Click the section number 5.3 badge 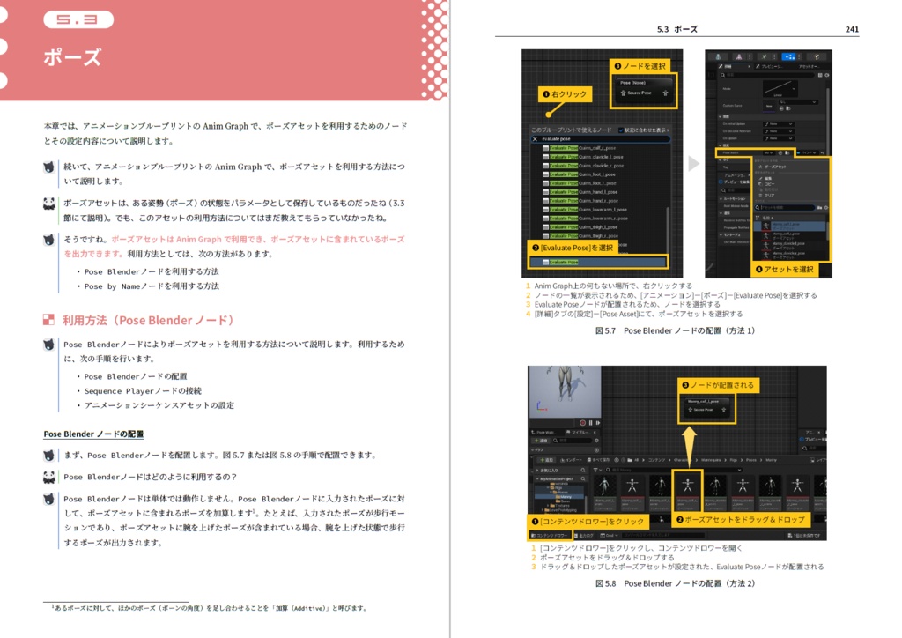click(78, 19)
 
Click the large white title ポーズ click(72, 58)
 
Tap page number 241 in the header click(851, 29)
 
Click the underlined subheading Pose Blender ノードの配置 click(93, 434)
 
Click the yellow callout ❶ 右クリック click(565, 93)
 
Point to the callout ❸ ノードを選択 click(641, 66)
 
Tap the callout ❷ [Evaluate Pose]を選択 click(572, 248)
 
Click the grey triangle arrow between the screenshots click(693, 163)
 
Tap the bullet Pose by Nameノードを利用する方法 click(152, 286)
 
